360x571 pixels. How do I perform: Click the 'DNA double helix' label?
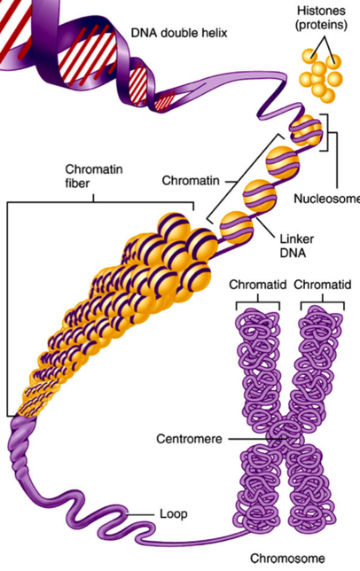click(179, 33)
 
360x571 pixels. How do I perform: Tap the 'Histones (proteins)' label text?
click(321, 18)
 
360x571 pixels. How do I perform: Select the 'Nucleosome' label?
click(326, 199)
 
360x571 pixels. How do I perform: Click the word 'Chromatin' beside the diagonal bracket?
click(191, 181)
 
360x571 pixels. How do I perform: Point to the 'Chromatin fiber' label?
click(94, 176)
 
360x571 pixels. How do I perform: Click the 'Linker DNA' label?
click(296, 246)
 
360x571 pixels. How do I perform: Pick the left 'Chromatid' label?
click(258, 285)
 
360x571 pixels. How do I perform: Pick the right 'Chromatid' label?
click(323, 285)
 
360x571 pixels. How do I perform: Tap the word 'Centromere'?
click(189, 439)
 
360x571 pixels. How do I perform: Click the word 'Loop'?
click(174, 514)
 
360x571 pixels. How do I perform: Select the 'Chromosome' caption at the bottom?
click(287, 559)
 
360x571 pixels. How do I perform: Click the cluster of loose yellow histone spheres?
click(321, 75)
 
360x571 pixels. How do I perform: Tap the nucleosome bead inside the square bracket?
click(306, 130)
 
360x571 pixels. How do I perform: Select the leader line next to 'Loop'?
click(140, 514)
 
